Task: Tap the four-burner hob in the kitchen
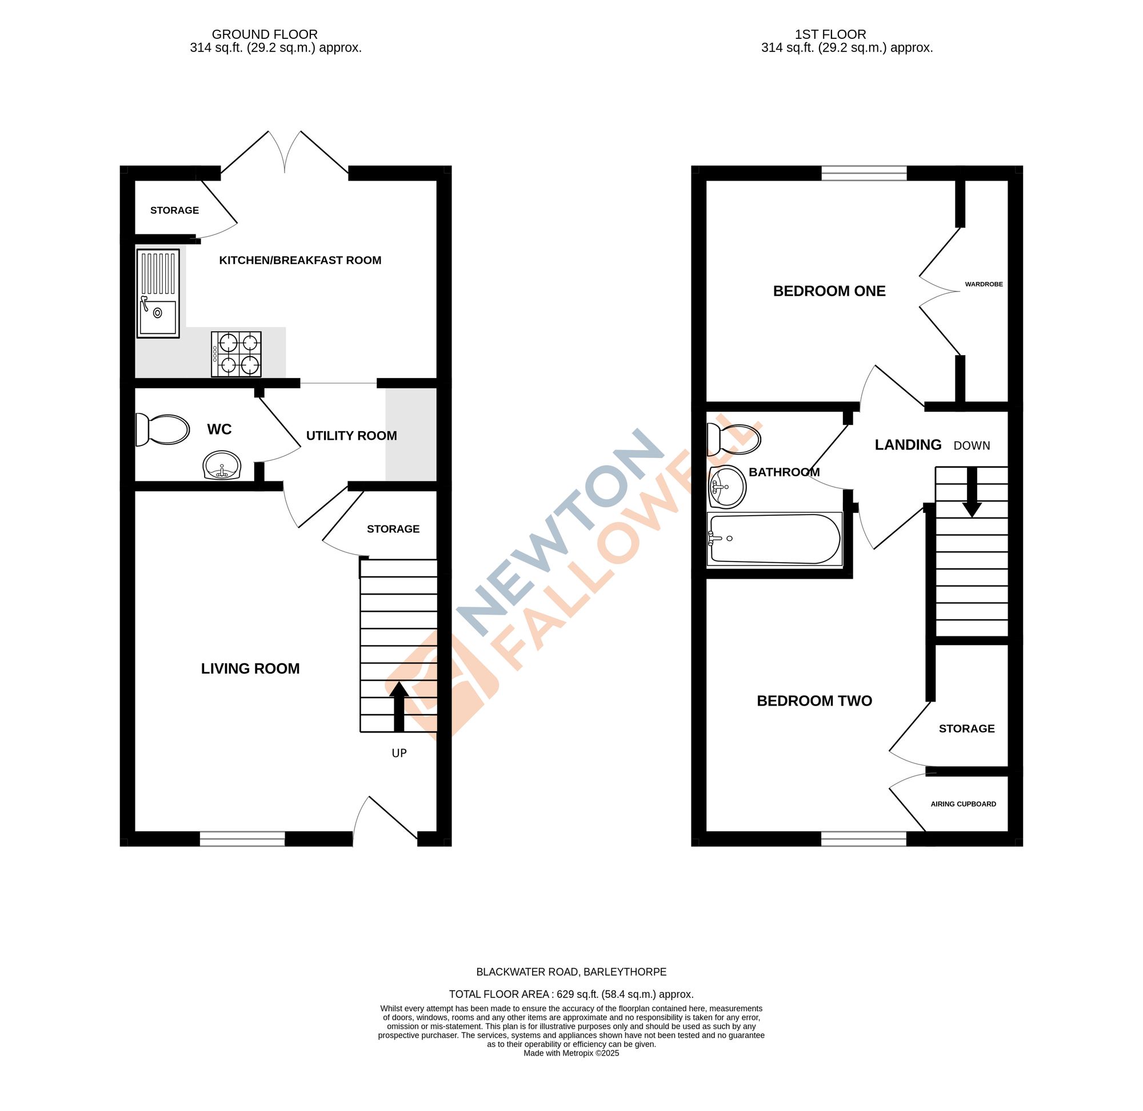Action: coord(236,354)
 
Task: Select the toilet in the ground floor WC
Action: coord(163,429)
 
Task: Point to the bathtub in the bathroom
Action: coord(774,539)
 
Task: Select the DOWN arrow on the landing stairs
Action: coord(972,492)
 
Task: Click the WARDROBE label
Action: coord(984,284)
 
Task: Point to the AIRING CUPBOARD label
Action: coord(964,804)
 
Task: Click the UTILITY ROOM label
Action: coord(351,435)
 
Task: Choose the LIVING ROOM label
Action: coord(250,668)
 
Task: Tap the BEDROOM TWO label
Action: coord(814,701)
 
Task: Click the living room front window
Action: coord(242,839)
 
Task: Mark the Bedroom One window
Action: coord(864,173)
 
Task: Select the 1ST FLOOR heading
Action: coord(847,34)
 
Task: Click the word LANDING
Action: coord(908,445)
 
